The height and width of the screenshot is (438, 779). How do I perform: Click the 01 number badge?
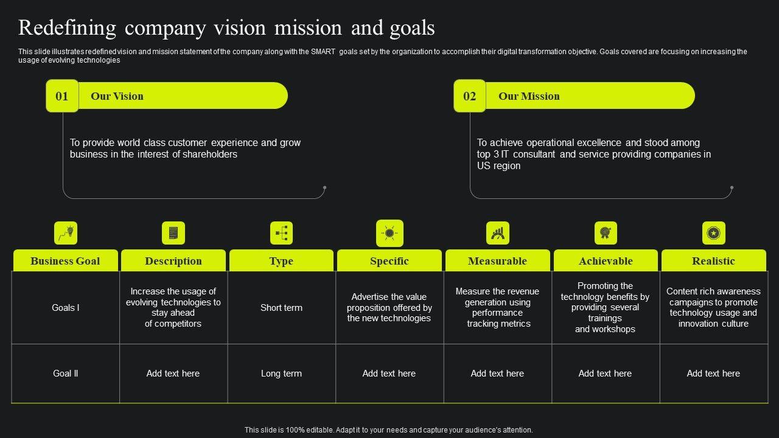point(62,96)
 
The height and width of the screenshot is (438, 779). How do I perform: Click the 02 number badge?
point(469,96)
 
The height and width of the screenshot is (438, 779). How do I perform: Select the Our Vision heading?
point(117,96)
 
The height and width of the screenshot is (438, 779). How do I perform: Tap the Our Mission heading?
point(529,96)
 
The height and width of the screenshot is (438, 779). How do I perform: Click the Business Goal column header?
point(65,261)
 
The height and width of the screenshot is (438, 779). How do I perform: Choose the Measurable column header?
point(497,261)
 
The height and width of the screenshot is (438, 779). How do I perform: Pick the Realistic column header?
point(713,261)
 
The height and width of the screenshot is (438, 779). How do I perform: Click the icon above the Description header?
point(173,233)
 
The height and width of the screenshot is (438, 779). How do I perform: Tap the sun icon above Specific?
point(389,233)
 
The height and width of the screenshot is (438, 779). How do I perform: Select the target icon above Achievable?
point(606,233)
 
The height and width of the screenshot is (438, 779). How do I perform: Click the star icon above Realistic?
point(713,233)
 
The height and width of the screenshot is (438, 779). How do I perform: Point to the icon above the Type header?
point(281,233)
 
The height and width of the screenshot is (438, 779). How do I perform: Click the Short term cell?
point(281,308)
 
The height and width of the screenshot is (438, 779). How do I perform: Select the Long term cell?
point(281,374)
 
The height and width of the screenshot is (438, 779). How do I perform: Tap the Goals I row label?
point(65,308)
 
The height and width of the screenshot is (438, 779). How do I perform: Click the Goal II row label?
point(65,374)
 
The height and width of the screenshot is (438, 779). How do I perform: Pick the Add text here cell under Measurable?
point(497,374)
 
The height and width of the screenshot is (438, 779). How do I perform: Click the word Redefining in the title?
point(67,28)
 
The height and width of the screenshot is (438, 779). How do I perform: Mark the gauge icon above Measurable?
point(498,233)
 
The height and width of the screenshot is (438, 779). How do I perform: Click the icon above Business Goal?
point(66,233)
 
